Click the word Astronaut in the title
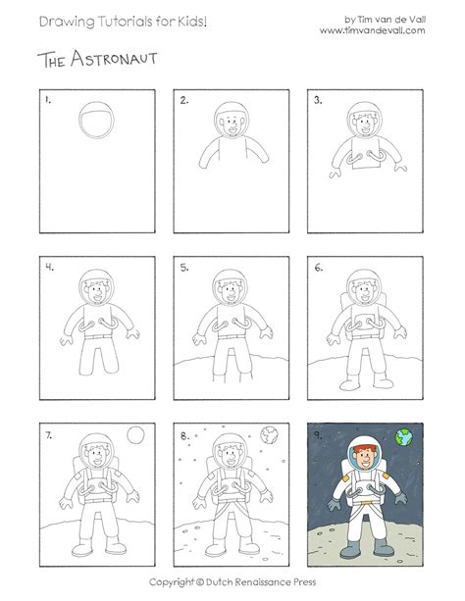click(x=114, y=59)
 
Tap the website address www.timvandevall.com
click(x=373, y=30)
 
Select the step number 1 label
click(x=48, y=100)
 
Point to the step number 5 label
click(x=184, y=268)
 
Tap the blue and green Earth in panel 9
click(x=404, y=437)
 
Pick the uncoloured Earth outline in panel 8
click(x=270, y=434)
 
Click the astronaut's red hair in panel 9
click(x=365, y=448)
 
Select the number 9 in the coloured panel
click(x=318, y=435)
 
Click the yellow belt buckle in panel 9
click(x=366, y=503)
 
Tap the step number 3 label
click(x=318, y=100)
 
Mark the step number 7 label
click(x=49, y=435)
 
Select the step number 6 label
click(x=319, y=268)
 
